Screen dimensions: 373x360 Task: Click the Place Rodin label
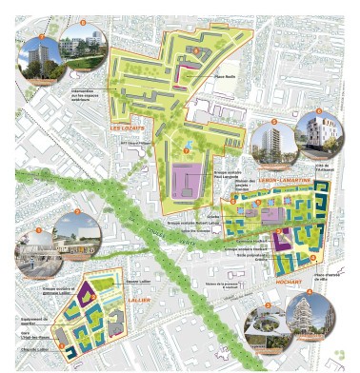click(x=223, y=77)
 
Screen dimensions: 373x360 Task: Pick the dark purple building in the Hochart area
click(x=283, y=240)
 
